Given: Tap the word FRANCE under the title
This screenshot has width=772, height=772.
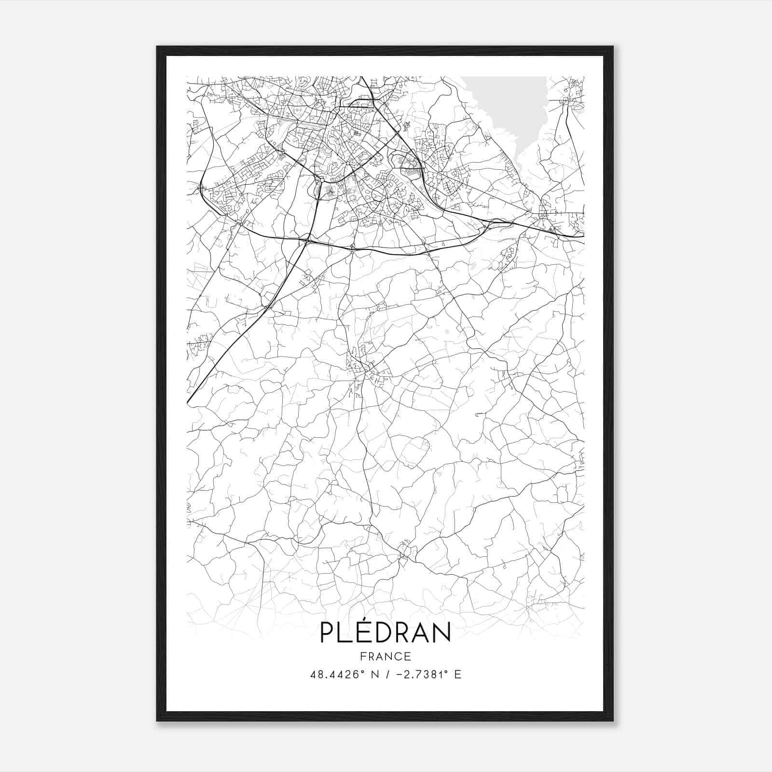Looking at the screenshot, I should point(385,656).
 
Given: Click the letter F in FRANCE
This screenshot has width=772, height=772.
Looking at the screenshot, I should point(363,656).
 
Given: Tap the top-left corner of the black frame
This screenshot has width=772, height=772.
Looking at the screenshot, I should point(157,47).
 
